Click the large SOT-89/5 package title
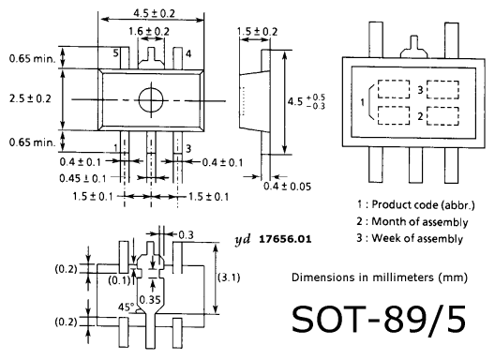[x=379, y=319]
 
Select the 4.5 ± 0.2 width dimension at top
[x=154, y=13]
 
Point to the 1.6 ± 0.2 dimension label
[x=149, y=31]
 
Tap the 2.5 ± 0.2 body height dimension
[x=30, y=98]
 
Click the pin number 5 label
[x=116, y=52]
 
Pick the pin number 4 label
[x=188, y=54]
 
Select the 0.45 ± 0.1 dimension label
[x=82, y=178]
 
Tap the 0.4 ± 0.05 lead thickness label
[x=287, y=187]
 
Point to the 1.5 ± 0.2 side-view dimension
[x=257, y=32]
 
